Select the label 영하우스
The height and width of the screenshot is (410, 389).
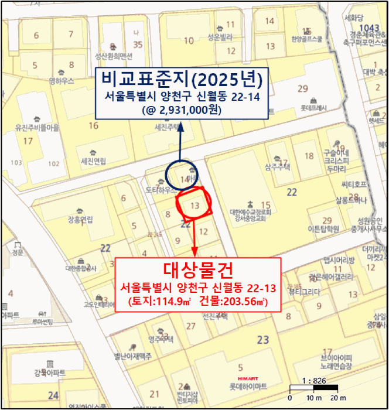[x=61, y=81]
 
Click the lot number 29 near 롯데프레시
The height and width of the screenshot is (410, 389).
[x=303, y=88]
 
